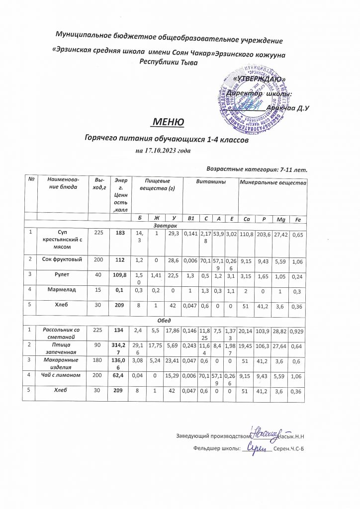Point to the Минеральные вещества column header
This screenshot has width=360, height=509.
click(272, 182)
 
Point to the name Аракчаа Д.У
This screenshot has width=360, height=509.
click(288, 108)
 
